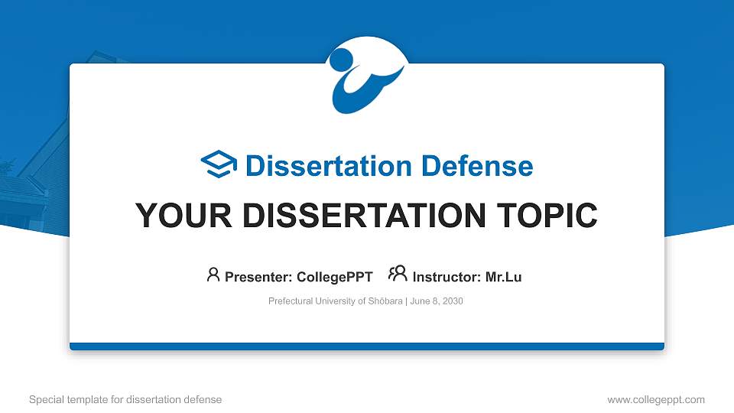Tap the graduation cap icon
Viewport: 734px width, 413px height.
219,164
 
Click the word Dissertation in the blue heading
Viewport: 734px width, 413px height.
320,166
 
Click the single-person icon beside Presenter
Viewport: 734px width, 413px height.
213,275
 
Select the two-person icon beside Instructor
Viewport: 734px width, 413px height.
398,274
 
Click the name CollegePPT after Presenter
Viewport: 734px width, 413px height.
334,277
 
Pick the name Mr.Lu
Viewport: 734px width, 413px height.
503,277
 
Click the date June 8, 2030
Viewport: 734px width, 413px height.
437,301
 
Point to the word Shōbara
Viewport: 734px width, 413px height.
385,301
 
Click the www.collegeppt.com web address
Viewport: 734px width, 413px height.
656,400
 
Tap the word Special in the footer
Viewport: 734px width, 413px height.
45,400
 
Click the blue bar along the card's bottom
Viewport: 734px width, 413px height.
367,346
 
